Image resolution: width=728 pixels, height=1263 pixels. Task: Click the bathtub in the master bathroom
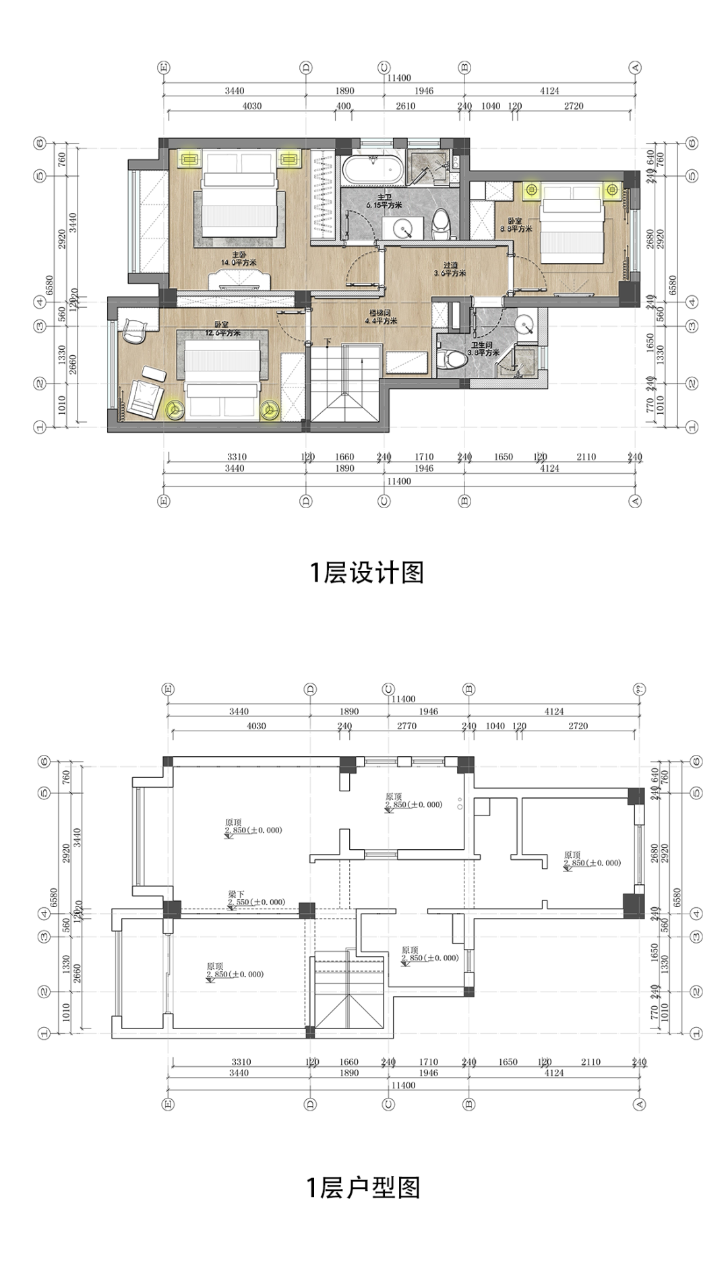click(x=373, y=170)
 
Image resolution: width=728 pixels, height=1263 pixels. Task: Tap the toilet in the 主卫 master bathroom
click(x=440, y=222)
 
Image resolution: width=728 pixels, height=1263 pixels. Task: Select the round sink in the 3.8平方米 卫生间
click(x=525, y=326)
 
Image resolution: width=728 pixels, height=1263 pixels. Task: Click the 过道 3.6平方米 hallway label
click(x=450, y=269)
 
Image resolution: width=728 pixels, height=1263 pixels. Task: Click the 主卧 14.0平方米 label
click(x=239, y=259)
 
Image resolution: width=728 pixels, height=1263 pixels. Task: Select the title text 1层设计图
click(x=367, y=572)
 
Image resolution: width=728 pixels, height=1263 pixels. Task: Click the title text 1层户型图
click(x=363, y=1187)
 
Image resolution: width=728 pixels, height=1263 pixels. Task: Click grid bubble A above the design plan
click(x=635, y=67)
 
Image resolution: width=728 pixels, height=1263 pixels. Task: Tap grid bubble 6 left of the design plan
click(x=40, y=143)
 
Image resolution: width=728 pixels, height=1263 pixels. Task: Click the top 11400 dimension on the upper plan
click(x=398, y=78)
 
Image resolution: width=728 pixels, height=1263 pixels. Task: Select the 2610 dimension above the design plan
click(x=405, y=106)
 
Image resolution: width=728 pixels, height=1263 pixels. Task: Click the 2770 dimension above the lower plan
click(x=406, y=726)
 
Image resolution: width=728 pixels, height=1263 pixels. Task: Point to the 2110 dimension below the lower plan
click(x=590, y=1061)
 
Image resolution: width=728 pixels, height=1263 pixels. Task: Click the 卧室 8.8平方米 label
click(x=516, y=224)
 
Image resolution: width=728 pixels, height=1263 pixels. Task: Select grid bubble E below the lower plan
click(x=168, y=1104)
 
